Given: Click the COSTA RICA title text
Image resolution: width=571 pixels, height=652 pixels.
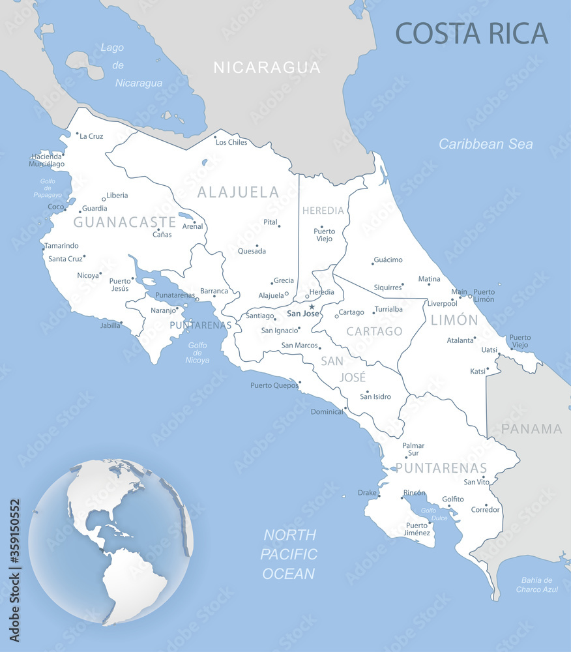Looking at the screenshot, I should pyautogui.click(x=472, y=33).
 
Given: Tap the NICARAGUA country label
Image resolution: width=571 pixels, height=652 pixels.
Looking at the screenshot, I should pyautogui.click(x=267, y=67).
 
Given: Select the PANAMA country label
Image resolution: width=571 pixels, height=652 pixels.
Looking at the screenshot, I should pyautogui.click(x=532, y=428).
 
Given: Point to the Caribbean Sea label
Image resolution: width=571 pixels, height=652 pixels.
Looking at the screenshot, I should pyautogui.click(x=486, y=144).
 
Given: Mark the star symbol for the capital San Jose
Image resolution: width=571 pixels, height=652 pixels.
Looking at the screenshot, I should pyautogui.click(x=312, y=306).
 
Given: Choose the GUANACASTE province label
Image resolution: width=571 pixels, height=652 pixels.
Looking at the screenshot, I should pyautogui.click(x=124, y=222).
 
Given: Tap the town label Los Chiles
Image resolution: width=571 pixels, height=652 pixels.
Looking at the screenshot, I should pyautogui.click(x=232, y=142).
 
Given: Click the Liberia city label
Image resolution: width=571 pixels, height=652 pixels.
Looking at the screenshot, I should pyautogui.click(x=117, y=195).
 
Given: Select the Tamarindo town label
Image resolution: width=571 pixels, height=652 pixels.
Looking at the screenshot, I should pyautogui.click(x=61, y=246).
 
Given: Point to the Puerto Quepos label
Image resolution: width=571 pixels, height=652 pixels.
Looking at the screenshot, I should pyautogui.click(x=274, y=385).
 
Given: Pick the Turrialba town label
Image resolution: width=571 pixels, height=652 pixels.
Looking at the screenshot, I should pyautogui.click(x=388, y=309).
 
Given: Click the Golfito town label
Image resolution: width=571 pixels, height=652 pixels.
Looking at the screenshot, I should pyautogui.click(x=453, y=499).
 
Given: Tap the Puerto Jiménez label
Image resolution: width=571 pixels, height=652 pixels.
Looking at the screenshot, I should pyautogui.click(x=418, y=529).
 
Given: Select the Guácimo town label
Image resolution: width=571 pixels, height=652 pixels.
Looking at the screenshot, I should pyautogui.click(x=388, y=260).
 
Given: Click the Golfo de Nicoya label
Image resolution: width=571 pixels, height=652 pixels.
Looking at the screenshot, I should pyautogui.click(x=198, y=352).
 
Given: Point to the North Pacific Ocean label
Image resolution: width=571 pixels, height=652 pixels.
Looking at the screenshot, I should pyautogui.click(x=289, y=554).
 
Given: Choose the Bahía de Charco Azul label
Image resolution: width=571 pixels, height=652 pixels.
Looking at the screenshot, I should pyautogui.click(x=537, y=584).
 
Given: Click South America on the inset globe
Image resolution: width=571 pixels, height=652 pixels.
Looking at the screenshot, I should pyautogui.click(x=134, y=580).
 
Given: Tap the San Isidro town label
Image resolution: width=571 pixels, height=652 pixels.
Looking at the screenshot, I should pyautogui.click(x=375, y=396).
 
